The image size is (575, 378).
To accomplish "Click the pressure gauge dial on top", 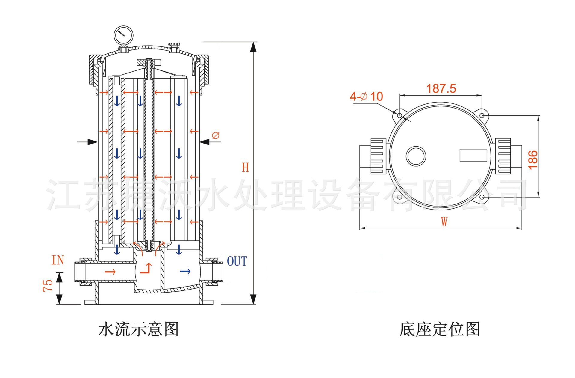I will pyautogui.click(x=123, y=35).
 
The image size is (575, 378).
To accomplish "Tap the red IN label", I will pyautogui.click(x=57, y=260).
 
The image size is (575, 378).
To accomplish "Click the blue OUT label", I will pyautogui.click(x=237, y=261).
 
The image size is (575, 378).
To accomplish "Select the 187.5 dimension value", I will pyautogui.click(x=441, y=88).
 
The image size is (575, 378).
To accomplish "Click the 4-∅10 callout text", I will pyautogui.click(x=366, y=97).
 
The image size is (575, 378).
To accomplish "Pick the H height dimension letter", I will pyautogui.click(x=246, y=168).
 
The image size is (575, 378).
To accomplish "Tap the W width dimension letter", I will pyautogui.click(x=444, y=222).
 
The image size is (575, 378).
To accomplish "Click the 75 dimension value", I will pyautogui.click(x=48, y=286).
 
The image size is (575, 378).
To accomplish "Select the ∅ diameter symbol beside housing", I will pyautogui.click(x=216, y=135).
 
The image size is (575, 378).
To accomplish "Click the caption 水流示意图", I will pyautogui.click(x=139, y=329).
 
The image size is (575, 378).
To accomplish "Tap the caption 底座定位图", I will pyautogui.click(x=440, y=329).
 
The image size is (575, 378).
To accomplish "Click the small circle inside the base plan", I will pyautogui.click(x=416, y=156).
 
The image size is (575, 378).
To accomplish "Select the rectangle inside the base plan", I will pyautogui.click(x=473, y=155).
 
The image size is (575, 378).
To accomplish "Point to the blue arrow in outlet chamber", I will pyautogui.click(x=185, y=272).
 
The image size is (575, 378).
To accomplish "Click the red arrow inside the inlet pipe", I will pyautogui.click(x=110, y=272).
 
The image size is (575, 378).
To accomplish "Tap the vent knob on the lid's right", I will pyautogui.click(x=174, y=45).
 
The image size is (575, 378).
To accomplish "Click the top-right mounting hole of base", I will pyautogui.click(x=482, y=115).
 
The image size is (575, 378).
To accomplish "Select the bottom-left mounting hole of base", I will pyautogui.click(x=400, y=197).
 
